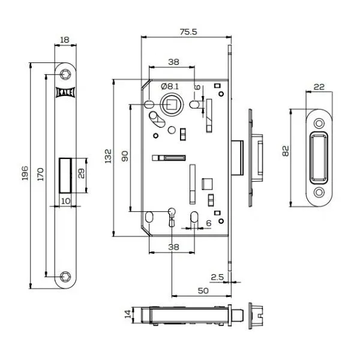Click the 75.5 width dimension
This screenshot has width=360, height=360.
tap(188, 32)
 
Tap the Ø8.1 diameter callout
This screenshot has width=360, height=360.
tap(170, 86)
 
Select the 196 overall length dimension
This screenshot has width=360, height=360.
tap(25, 173)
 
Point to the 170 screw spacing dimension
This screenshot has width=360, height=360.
tap(40, 174)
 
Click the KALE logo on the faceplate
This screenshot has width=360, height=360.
tap(65, 92)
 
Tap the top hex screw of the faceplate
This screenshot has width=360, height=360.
tap(65, 74)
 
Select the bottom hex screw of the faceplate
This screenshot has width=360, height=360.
tap(65, 277)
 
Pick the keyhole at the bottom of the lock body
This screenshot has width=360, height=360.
tap(172, 217)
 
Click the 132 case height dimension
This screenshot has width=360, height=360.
tap(108, 156)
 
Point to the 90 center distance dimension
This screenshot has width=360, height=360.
tap(125, 156)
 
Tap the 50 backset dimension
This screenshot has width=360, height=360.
tap(203, 291)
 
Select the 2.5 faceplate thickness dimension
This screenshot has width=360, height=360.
tap(217, 277)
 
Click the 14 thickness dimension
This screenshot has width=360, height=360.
tap(128, 314)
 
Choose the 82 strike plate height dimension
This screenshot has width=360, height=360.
tap(286, 151)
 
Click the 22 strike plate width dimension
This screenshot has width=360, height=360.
tap(319, 87)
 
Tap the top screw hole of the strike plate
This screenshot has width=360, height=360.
tap(319, 124)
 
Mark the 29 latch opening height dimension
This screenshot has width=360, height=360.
tap(81, 173)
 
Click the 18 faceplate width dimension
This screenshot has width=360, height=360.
tap(65, 40)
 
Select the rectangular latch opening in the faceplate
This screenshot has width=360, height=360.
tap(65, 175)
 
